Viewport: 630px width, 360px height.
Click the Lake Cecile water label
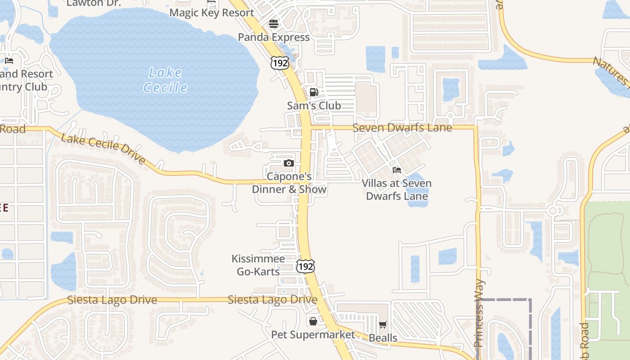coord(166,80)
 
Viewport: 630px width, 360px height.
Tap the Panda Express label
coord(274,37)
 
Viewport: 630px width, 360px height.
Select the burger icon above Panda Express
coord(274,23)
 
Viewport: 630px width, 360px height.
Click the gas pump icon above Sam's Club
coord(314,92)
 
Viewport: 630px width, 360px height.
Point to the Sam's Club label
coord(314,106)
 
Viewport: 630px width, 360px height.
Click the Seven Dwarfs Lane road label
coord(402,128)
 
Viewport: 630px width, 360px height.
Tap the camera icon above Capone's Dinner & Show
coord(289,163)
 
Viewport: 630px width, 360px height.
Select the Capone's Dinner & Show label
coord(289,183)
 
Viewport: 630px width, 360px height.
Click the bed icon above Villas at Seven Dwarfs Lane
coord(397,170)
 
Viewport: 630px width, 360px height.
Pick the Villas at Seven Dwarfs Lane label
coord(397,189)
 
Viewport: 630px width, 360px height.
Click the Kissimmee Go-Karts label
coord(258,265)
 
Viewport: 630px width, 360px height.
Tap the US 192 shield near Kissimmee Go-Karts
coord(306,266)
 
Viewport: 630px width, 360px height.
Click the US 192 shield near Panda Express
coord(279,63)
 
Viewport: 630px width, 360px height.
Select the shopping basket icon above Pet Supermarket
coord(313,321)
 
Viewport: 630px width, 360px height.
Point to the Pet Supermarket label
coord(313,335)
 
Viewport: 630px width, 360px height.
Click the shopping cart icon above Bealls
coord(383,324)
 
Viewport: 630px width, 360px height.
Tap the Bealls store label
coord(383,338)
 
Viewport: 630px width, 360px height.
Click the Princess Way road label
coord(480,313)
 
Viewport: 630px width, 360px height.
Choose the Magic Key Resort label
coord(211,13)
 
